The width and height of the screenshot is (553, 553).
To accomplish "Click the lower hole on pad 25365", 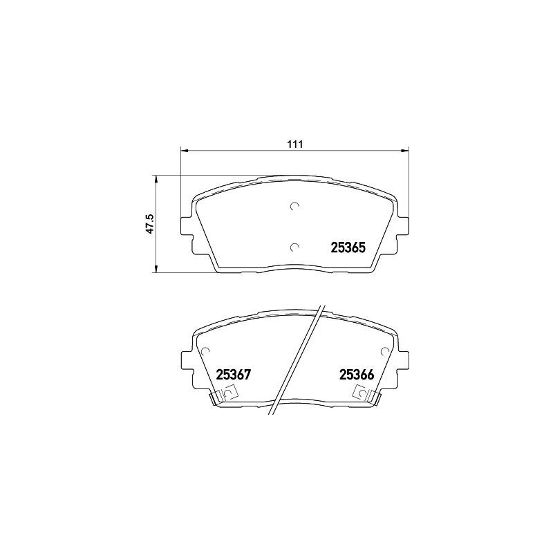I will pos(294,247).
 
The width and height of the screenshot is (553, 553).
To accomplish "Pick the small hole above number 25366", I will pos(386,350).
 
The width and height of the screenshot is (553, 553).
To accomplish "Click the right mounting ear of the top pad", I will pos(403,225).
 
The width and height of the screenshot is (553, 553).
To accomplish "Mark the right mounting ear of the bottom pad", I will pos(403,361).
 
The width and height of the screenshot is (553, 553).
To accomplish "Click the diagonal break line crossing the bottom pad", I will pos(299,359).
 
